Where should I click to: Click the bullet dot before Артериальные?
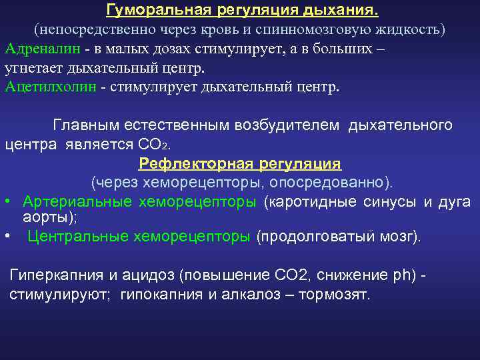pos(7,202)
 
